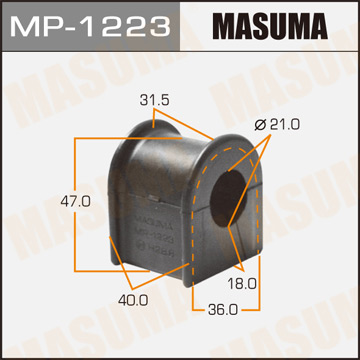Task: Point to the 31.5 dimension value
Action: point(154,100)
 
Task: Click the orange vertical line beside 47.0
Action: point(74,201)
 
